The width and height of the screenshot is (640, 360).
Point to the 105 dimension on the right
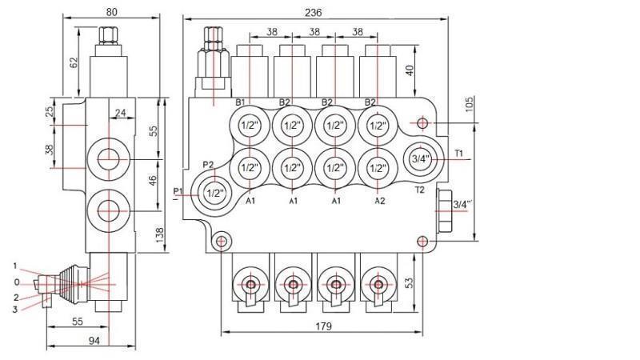pos(470,106)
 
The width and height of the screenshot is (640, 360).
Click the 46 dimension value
pos(153,182)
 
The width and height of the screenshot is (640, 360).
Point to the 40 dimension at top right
pos(410,71)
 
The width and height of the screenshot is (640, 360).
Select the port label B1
pos(239,102)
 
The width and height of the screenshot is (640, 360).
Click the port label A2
pos(380,201)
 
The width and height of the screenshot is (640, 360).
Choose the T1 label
pos(459,153)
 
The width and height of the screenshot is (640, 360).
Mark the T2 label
pos(419,190)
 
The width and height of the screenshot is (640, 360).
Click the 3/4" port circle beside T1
pos(420,158)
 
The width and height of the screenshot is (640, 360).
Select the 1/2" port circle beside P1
pos(214,193)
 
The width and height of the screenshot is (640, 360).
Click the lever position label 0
pos(16,282)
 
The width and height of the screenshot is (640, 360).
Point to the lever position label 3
pos(14,309)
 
